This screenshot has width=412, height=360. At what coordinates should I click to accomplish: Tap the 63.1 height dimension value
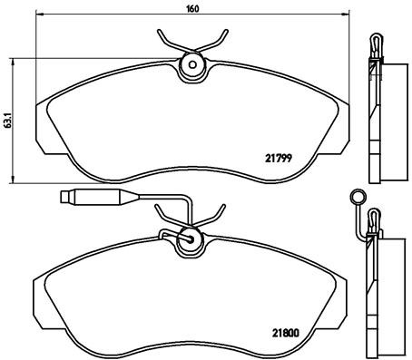9,118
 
